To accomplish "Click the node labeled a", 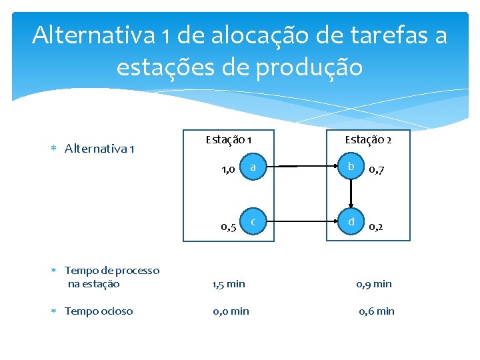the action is pos(253,167).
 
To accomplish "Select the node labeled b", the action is pos(351,167).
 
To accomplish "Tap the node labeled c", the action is pos(253,221).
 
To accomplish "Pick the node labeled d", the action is pos(351,221).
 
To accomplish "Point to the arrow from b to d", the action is pos(351,193).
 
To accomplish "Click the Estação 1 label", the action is pos(228,140).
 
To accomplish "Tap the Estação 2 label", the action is pos(368,140).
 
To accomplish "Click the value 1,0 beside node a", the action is pos(228,171).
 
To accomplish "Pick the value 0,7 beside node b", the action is pos(377,171).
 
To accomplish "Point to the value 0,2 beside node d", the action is pos(377,226).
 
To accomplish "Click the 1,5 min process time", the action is pos(229,284).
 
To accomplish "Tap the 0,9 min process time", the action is pos(374,284).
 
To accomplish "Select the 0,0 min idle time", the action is pos(231,311).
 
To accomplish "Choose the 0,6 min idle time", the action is pos(377,311).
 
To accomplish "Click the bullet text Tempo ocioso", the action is pos(99,311).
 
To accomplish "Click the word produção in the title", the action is pos(311,67).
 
